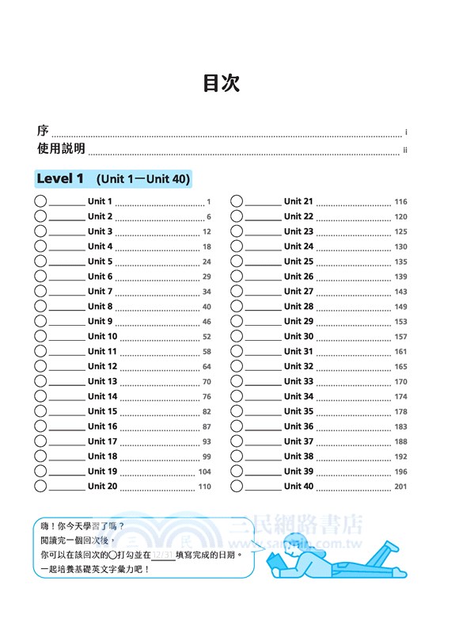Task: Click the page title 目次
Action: point(221,83)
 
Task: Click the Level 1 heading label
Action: point(60,179)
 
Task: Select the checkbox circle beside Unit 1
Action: point(40,201)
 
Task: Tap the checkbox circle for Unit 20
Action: point(40,487)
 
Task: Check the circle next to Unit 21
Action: point(237,201)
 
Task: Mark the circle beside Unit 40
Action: point(237,487)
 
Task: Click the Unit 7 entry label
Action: point(101,292)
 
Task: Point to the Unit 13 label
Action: point(102,381)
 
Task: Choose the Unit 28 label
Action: point(298,307)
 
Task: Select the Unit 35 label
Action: point(298,411)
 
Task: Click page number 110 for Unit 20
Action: point(205,487)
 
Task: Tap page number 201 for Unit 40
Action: point(400,487)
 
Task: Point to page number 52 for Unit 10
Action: point(207,337)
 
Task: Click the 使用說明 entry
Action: point(61,149)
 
